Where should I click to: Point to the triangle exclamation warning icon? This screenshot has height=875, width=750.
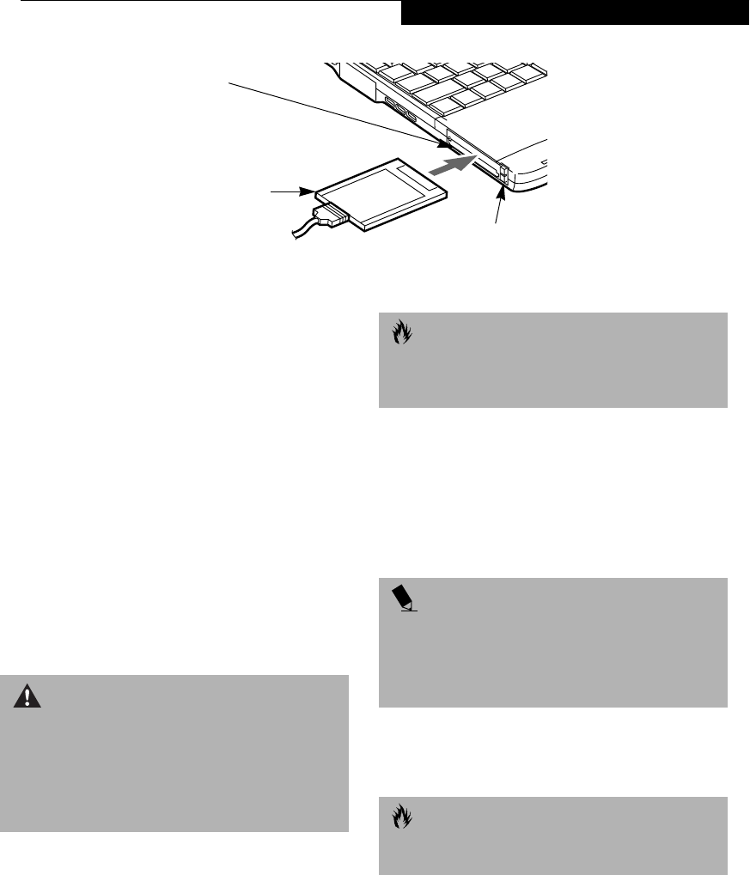coord(27,696)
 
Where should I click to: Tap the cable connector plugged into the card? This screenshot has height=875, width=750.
coord(331,216)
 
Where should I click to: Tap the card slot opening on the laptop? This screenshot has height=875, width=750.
coord(473,150)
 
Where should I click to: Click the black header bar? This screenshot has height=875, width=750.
coord(575,12)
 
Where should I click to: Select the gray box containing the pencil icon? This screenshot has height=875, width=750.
coord(553,641)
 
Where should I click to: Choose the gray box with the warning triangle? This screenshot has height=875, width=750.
coord(174,753)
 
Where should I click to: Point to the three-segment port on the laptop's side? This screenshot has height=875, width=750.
coord(399,110)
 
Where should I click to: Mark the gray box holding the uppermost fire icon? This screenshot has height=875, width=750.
coord(553,359)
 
